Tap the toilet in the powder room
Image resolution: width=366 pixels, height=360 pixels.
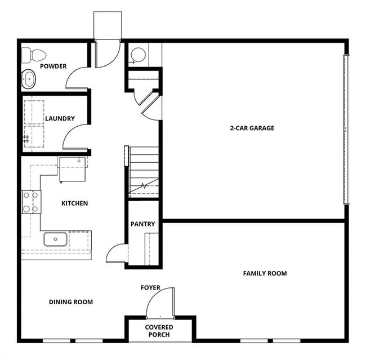[34, 55]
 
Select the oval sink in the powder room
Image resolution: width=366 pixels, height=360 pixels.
[29, 80]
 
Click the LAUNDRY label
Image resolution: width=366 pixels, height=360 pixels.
[60, 119]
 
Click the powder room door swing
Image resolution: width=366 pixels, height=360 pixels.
[77, 77]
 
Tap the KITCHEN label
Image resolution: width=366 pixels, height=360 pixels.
[74, 203]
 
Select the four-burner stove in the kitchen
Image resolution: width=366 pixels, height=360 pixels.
[31, 202]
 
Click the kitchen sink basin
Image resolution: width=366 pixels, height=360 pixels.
[56, 239]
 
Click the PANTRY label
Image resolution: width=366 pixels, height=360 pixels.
[142, 224]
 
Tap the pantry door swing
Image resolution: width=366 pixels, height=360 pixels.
[117, 253]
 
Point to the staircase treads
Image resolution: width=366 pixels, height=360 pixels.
[144, 169]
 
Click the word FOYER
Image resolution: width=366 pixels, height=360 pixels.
[150, 288]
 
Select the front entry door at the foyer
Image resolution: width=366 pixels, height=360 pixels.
[160, 304]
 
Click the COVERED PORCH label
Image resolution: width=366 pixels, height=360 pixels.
[159, 331]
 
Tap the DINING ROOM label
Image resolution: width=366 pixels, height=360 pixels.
[70, 302]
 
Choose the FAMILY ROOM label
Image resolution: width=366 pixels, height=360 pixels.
[265, 274]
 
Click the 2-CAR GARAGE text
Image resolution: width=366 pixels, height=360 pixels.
[252, 128]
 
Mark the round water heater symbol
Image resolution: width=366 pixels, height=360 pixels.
[138, 55]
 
